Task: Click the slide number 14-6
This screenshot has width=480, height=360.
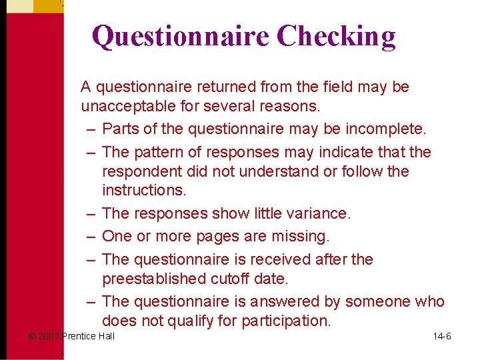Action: (x=442, y=336)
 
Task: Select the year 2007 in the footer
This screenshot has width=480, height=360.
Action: (x=49, y=336)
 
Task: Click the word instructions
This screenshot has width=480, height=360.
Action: (x=144, y=190)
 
